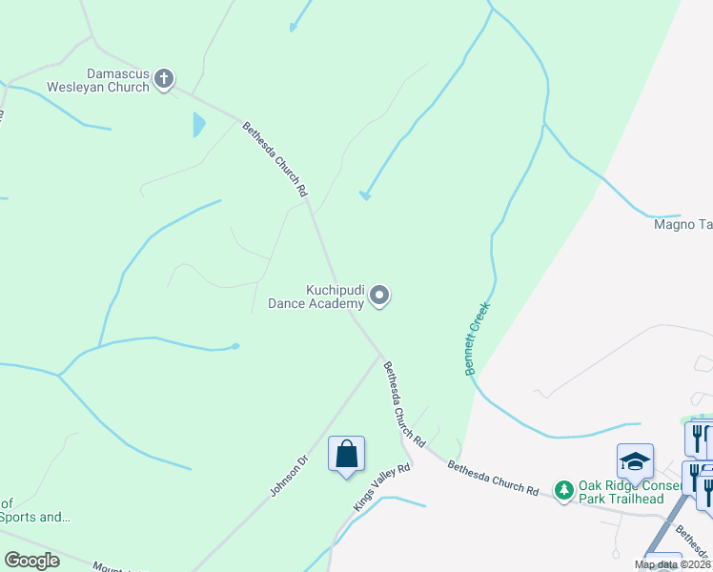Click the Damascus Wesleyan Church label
coord(118,80)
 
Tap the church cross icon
coord(164,79)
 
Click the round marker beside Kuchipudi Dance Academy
coord(379,296)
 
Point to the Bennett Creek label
coord(478,338)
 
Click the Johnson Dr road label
coord(290,476)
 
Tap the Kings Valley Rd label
coord(381,487)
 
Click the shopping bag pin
coord(346,455)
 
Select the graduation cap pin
coord(635,462)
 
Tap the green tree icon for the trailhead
coord(564,489)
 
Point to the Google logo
coord(31,561)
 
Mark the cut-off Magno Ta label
coord(682,225)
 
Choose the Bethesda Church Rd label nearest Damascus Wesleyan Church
coord(275,159)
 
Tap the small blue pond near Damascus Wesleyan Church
coord(199,124)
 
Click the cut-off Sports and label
coord(35,517)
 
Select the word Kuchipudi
coord(335,289)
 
